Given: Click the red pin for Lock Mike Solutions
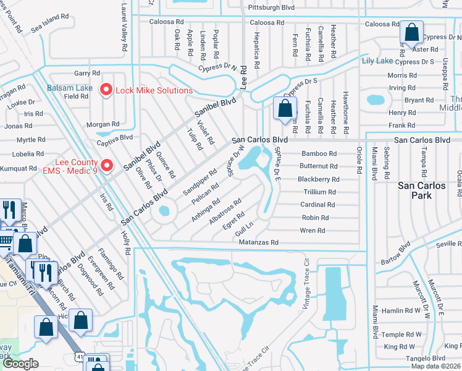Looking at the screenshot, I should [106, 90].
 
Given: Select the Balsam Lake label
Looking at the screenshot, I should [70, 88].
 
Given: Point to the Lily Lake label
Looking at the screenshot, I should [377, 61].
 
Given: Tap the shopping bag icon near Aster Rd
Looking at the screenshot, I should [411, 33].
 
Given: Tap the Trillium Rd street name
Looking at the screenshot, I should [319, 192].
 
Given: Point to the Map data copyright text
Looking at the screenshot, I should [435, 366].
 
